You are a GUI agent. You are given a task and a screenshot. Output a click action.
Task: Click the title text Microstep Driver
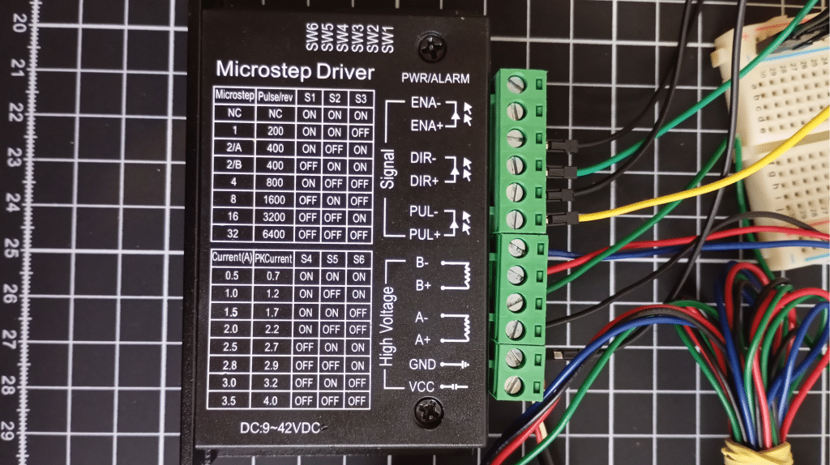tap(295, 70)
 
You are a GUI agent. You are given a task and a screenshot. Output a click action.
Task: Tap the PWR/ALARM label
tap(435, 79)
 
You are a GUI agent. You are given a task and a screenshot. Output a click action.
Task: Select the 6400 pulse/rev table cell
tap(275, 234)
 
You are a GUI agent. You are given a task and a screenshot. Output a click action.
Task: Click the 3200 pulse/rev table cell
tap(274, 217)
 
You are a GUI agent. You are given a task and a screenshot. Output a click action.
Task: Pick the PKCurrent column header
tap(273, 258)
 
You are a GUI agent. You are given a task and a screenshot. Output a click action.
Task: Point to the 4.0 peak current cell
tap(271, 400)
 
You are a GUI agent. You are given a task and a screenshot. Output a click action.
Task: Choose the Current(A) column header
tap(232, 258)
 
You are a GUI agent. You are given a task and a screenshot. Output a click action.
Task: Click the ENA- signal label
tap(425, 102)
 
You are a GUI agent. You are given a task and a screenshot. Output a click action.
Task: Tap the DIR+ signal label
tap(424, 181)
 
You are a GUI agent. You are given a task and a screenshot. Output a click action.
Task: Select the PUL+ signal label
tap(425, 234)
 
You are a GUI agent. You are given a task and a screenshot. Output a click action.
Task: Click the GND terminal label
tap(422, 365)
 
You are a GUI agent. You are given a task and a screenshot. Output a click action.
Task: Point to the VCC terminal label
tap(421, 387)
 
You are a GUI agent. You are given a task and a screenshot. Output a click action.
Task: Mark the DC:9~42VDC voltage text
tap(280, 428)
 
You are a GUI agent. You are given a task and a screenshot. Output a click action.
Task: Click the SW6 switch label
tap(312, 37)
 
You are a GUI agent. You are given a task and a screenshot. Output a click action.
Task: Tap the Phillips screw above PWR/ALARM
tap(433, 47)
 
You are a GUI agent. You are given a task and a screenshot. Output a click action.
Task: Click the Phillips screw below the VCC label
tap(428, 412)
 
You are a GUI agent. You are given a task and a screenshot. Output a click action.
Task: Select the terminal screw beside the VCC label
tap(513, 386)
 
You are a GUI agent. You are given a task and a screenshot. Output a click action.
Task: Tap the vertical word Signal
tap(388, 169)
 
